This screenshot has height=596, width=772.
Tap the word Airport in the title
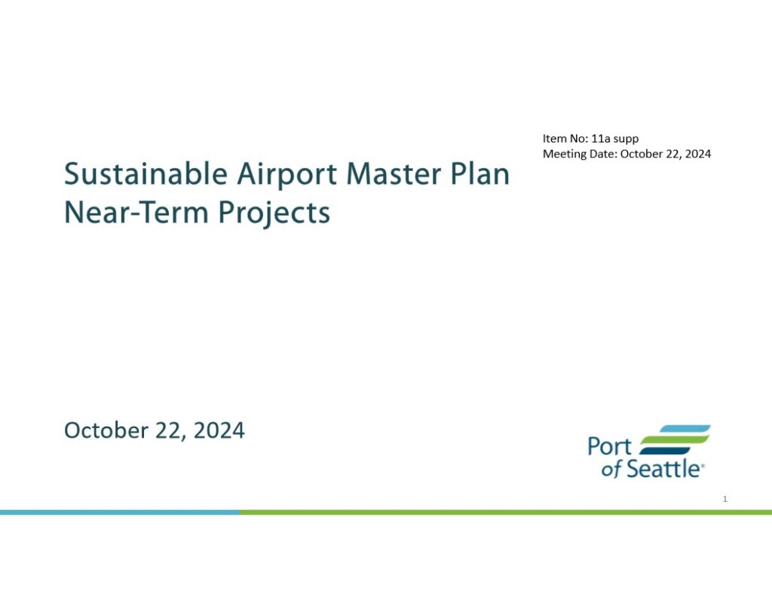[287, 176]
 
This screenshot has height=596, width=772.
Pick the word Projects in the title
[274, 213]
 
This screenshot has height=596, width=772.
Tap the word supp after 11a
[626, 140]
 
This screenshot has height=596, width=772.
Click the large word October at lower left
[106, 430]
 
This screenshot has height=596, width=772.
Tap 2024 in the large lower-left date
[219, 430]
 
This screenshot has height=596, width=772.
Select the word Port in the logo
[609, 446]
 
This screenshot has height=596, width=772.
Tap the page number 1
[725, 499]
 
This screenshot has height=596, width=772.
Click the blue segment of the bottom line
[120, 512]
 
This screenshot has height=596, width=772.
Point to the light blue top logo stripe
[685, 429]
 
